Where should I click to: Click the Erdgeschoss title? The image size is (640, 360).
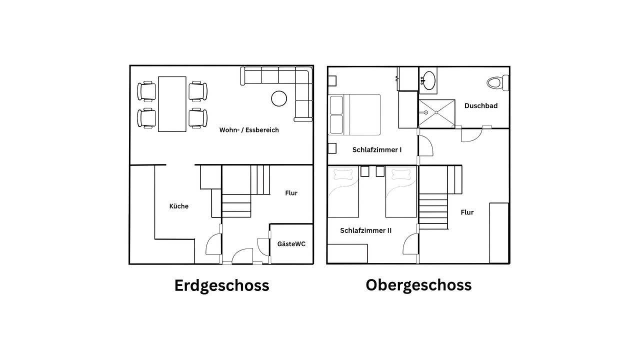point(221,285)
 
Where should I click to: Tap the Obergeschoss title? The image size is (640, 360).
point(418,284)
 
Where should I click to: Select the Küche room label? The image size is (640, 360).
point(178,206)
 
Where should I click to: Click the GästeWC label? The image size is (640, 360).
point(291,244)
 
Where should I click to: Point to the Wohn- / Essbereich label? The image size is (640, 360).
point(249,130)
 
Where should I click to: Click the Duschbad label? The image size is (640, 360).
point(480,105)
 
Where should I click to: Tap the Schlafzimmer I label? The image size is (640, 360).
point(376,149)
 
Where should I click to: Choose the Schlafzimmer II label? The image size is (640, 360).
point(365,230)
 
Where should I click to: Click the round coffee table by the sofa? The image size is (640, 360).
point(279,98)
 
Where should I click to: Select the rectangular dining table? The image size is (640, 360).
point(172,104)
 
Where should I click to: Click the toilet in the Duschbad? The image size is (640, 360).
point(497,82)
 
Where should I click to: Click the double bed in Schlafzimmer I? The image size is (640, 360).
point(354,114)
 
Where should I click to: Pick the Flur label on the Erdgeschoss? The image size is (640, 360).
point(291,193)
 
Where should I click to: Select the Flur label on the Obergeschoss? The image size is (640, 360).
point(467,212)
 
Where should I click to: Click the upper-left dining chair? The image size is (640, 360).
point(147,91)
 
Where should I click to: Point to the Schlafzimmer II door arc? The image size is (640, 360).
point(410,243)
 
